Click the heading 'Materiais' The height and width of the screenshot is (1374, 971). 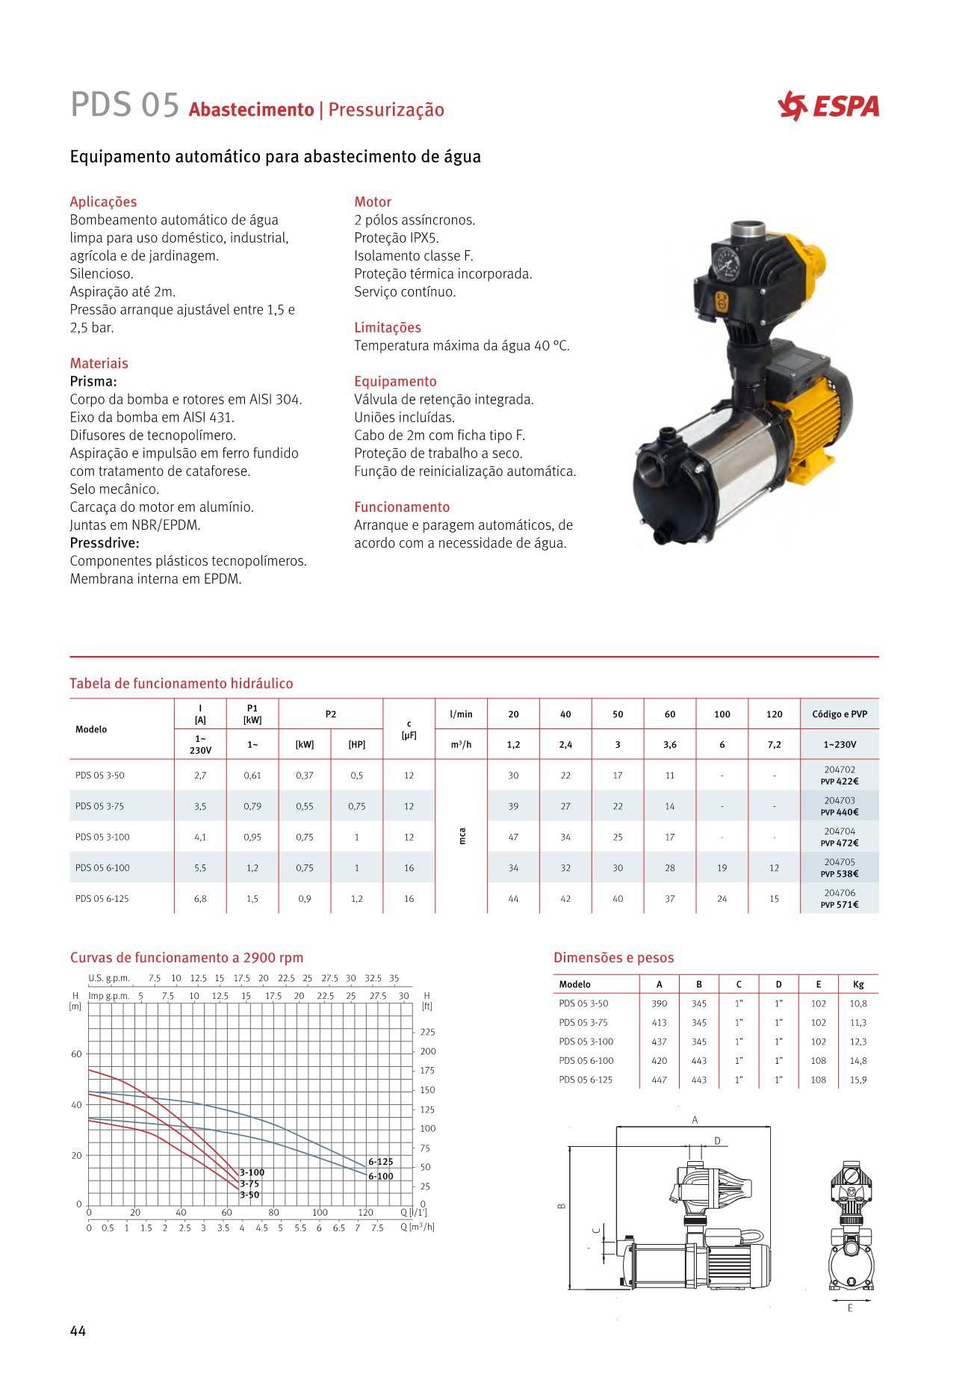[99, 363]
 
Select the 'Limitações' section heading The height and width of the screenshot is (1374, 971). [387, 327]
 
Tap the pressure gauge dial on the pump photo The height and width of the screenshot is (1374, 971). [723, 262]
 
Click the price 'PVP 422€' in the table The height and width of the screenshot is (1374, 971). [840, 782]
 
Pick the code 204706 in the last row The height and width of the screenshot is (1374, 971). [840, 893]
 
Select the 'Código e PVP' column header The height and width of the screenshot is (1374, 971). [840, 714]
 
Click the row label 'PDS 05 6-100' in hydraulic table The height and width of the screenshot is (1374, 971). [102, 868]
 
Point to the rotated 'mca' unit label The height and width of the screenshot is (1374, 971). [462, 837]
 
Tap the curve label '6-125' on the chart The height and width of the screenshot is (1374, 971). [380, 1162]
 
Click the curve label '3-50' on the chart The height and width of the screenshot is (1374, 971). [249, 1195]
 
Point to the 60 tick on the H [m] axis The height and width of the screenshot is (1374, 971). [76, 1054]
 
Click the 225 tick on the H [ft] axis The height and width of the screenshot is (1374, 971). [427, 1033]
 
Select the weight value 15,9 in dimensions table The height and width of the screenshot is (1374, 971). [857, 1080]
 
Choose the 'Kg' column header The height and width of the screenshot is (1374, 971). [857, 985]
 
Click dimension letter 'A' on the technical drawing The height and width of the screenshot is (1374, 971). [695, 1119]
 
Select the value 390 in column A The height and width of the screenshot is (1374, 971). [659, 1003]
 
